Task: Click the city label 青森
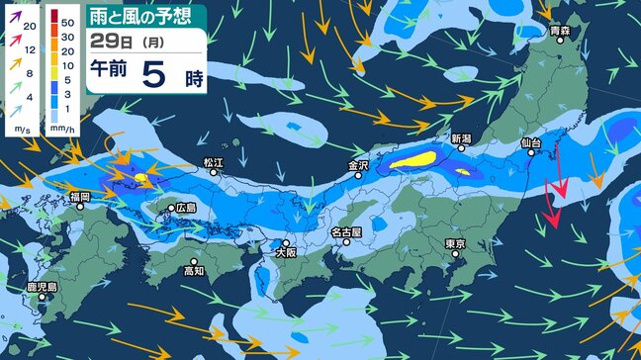tap(561, 32)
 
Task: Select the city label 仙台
tap(532, 143)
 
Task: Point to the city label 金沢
tap(358, 165)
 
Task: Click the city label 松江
tap(214, 160)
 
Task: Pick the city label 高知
tap(194, 270)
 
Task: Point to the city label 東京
tap(455, 243)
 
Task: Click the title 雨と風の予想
tap(145, 15)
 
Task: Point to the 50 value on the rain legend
tap(68, 20)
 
